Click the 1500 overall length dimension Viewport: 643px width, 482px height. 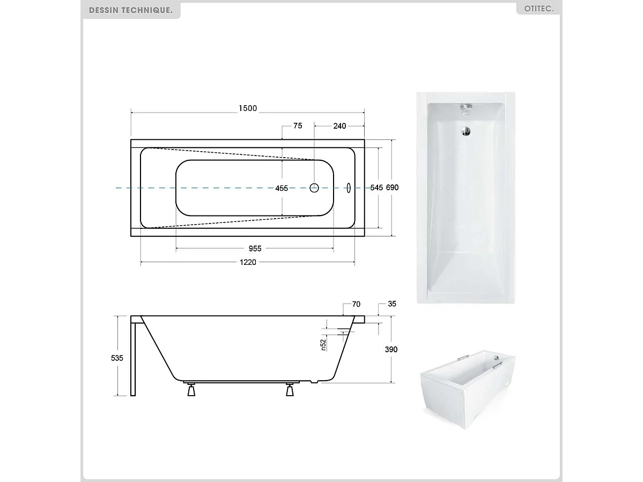click(x=248, y=108)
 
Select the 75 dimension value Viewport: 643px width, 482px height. click(x=298, y=126)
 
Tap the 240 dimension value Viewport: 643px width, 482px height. click(x=339, y=126)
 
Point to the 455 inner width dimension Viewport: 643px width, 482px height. click(x=282, y=188)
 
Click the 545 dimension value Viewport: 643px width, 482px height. click(x=376, y=188)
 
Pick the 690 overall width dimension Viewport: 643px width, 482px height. click(x=393, y=188)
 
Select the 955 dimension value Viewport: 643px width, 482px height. click(x=255, y=248)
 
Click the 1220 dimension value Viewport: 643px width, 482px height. click(x=248, y=262)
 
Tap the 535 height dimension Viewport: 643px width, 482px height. click(x=117, y=358)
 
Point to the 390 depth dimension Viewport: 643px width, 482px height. click(x=391, y=349)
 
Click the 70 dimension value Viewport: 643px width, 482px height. click(x=356, y=304)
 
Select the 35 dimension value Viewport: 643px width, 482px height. click(x=391, y=304)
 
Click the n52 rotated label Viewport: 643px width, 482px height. click(x=323, y=344)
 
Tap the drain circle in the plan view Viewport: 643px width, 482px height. click(x=315, y=188)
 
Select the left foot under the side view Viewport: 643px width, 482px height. click(x=190, y=390)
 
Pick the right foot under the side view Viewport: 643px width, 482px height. click(x=290, y=390)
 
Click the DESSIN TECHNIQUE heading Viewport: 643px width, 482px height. click(x=131, y=10)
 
